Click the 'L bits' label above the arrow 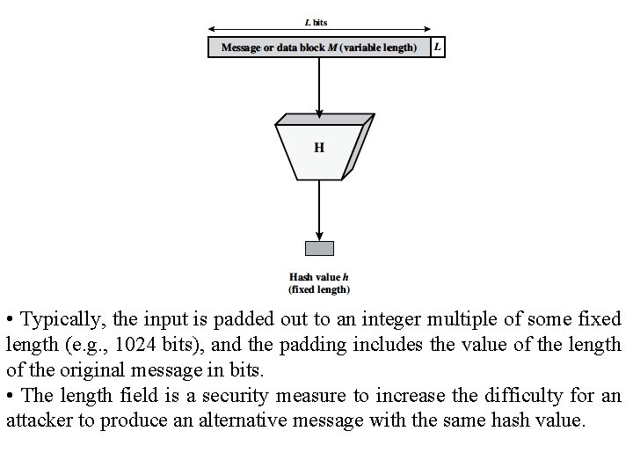point(317,22)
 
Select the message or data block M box point(318,47)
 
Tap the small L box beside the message point(438,47)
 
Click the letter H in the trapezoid point(318,148)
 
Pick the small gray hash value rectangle point(318,248)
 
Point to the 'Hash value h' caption point(318,277)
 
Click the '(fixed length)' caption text point(318,289)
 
